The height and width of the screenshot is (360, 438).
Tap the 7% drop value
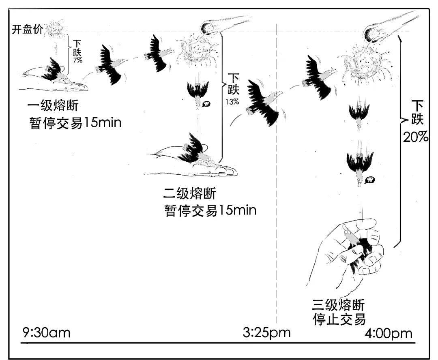tap(77, 60)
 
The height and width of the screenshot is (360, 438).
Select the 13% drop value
tap(232, 102)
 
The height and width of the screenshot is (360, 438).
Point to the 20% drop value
tap(416, 137)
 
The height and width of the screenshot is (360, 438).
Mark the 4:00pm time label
tap(388, 334)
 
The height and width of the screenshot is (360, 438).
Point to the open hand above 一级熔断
tap(53, 78)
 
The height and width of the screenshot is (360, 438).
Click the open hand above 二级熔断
tap(191, 162)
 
